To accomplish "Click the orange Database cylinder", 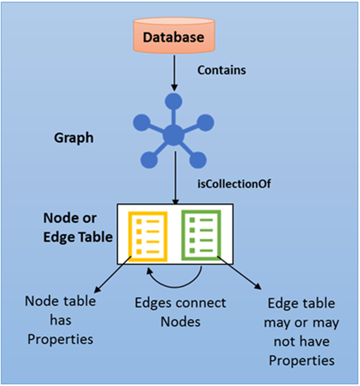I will point(173,36).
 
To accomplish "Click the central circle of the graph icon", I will point(173,135).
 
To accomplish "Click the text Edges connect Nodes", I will point(180,312).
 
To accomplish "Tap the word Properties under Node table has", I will point(60,339).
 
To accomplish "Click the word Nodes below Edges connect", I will point(180,322).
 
